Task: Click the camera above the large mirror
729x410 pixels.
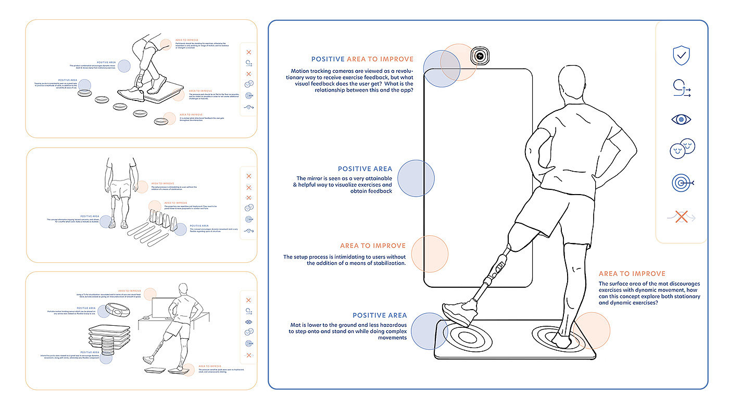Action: [x=479, y=56]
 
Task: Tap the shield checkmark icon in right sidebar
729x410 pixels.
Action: [x=681, y=55]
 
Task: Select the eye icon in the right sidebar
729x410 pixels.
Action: [x=681, y=120]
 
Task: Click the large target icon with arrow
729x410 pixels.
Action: [x=682, y=183]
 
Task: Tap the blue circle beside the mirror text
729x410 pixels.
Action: [x=416, y=178]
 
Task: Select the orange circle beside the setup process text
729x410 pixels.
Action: [x=430, y=254]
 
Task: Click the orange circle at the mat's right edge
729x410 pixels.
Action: [x=592, y=330]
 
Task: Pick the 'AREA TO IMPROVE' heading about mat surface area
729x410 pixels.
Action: [x=632, y=274]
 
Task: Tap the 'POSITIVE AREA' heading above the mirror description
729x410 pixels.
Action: [x=364, y=169]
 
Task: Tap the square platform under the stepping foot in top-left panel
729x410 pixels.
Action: [x=164, y=94]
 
